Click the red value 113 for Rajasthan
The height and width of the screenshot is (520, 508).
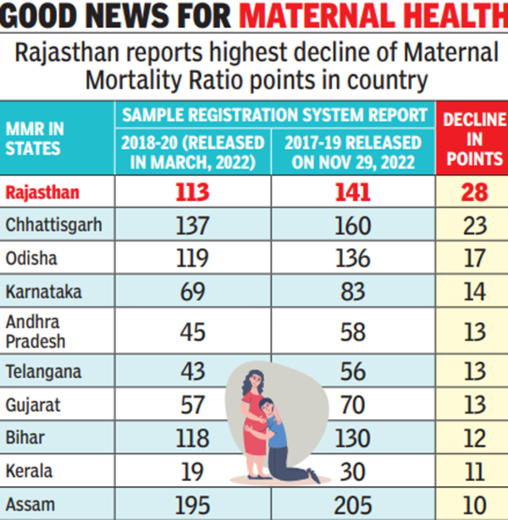point(192,193)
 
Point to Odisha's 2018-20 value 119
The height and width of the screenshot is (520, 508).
point(192,259)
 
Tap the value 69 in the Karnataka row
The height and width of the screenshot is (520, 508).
point(192,293)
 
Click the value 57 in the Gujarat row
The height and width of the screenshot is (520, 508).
point(192,404)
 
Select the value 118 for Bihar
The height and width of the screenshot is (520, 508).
point(192,438)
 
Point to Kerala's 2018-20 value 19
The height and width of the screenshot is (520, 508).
point(192,472)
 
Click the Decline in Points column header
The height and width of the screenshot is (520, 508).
point(471,138)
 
